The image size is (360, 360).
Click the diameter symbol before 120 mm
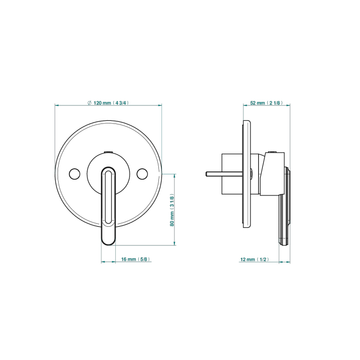click(89, 103)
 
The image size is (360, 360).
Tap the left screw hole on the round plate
click(75, 174)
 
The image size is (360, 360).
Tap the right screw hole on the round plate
click(142, 174)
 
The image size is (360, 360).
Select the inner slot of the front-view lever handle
click(108, 197)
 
